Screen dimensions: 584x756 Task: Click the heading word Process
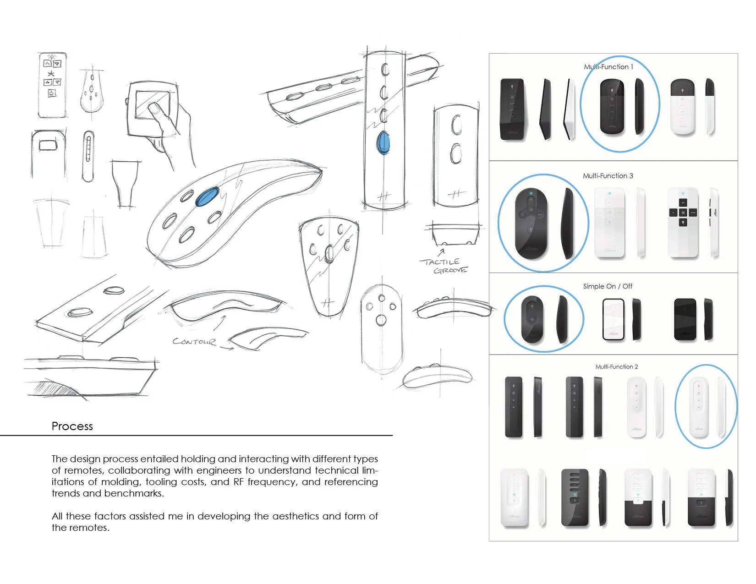72,426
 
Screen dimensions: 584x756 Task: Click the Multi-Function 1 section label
608,67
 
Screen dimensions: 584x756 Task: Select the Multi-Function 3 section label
608,176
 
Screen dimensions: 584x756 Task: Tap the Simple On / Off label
607,286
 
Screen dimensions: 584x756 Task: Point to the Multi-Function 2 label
616,367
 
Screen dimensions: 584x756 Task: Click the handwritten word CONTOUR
194,342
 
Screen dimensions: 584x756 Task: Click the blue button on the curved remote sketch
207,196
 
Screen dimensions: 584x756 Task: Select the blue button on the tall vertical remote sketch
383,142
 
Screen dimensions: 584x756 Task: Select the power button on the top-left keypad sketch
52,93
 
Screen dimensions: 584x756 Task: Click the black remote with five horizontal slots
575,498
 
